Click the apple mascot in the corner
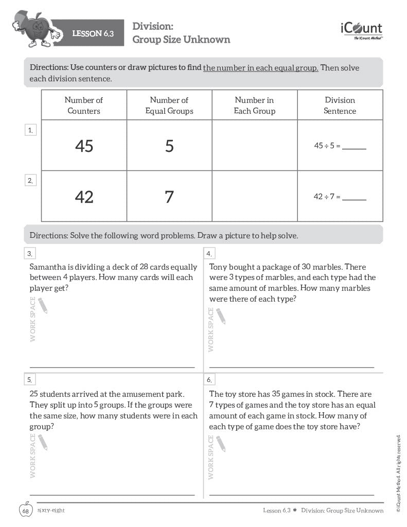coord(32,29)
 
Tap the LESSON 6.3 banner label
coord(93,34)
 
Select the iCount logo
coord(361,30)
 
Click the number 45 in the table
coord(84,146)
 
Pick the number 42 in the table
coord(84,197)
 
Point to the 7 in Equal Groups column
coord(169,197)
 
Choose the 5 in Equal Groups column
coord(169,146)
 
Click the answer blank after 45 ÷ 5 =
coord(354,147)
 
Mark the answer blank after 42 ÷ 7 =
coord(354,197)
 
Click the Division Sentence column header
coord(340,106)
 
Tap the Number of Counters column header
coord(84,106)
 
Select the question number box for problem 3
coord(30,253)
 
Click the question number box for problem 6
coord(210,380)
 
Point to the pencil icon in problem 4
coord(221,316)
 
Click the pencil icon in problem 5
coord(42,442)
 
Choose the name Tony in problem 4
coord(220,267)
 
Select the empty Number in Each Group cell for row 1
coord(254,146)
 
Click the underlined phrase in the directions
coord(260,68)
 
